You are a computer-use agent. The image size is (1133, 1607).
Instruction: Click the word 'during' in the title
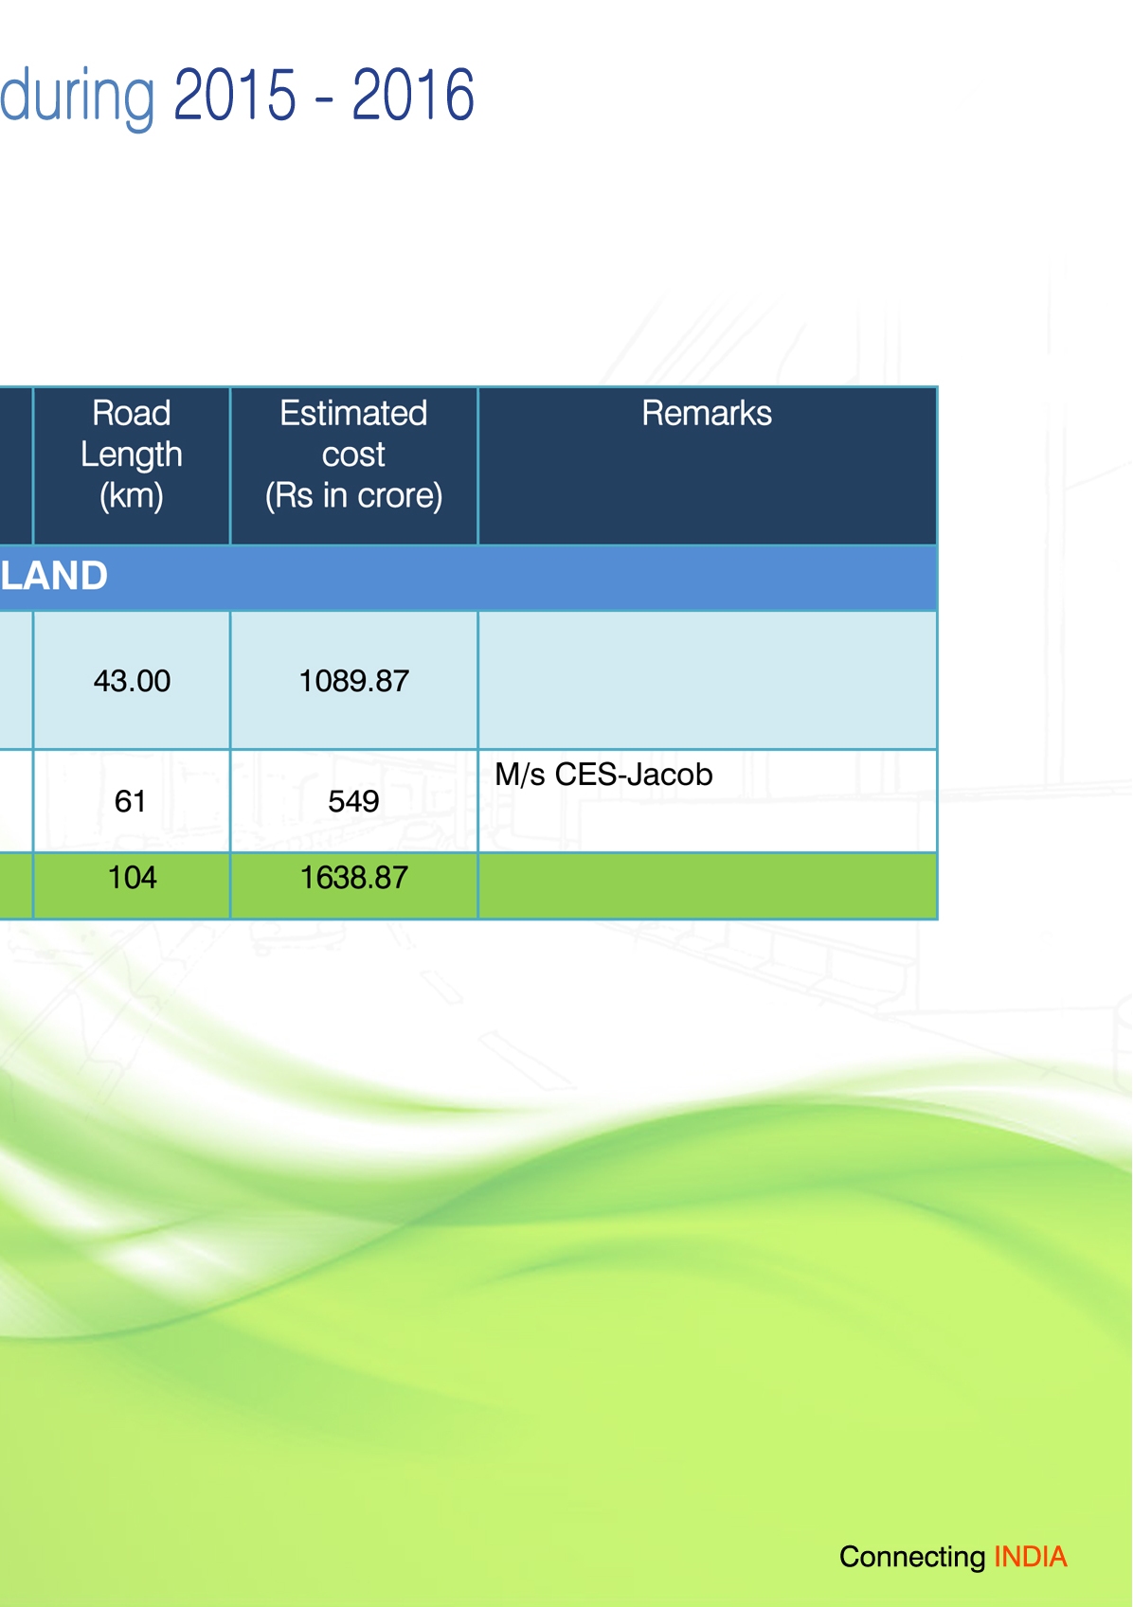coord(77,97)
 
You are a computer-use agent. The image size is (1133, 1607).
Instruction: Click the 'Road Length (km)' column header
coord(132,455)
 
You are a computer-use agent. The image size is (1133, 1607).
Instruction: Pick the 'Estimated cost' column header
coord(353,434)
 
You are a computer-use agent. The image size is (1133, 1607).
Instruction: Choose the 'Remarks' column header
coord(707,413)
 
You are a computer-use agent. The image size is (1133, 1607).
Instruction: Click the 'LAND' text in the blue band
coord(54,576)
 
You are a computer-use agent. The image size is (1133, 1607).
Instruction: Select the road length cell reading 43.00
coord(132,681)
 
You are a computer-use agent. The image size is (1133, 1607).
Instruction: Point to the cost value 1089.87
coord(353,681)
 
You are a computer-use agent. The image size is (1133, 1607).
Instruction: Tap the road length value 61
coord(130,801)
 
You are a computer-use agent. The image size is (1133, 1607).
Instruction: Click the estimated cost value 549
coord(353,801)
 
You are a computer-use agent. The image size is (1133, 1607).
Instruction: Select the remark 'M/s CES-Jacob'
coord(603,775)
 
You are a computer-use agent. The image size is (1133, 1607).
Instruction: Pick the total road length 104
coord(132,878)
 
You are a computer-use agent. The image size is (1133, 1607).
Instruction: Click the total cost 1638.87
coord(353,878)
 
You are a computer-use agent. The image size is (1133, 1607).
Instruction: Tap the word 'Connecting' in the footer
coord(912,1558)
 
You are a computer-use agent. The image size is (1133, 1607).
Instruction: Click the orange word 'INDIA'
coord(1031,1556)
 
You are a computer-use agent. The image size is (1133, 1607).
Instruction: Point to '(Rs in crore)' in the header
coord(353,495)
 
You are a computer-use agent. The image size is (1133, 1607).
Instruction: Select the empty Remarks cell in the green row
coord(708,885)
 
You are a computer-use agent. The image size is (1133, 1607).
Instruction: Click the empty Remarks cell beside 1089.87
coord(708,680)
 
